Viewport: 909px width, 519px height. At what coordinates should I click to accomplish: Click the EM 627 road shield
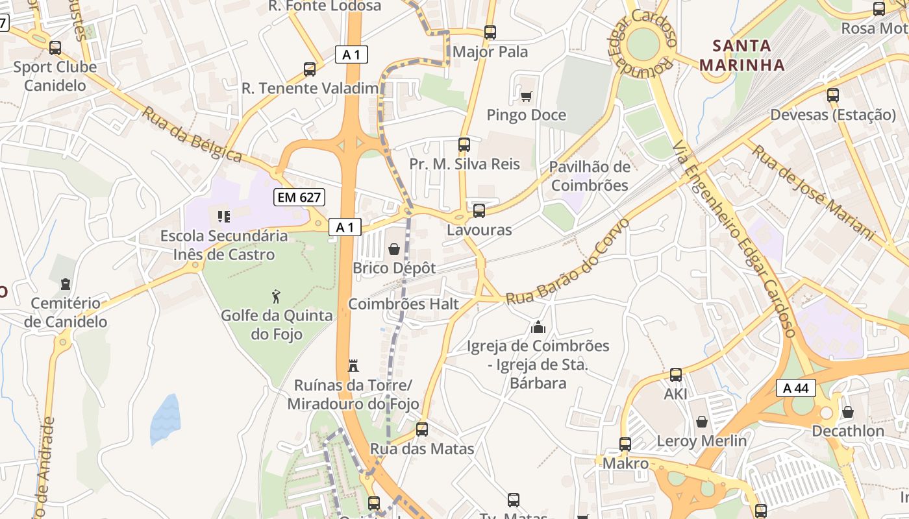(299, 197)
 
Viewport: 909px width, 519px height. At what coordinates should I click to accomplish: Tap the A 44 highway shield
(795, 388)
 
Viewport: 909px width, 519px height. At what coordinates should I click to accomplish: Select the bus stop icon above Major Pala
(490, 32)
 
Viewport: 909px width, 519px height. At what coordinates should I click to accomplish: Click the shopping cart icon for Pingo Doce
(526, 96)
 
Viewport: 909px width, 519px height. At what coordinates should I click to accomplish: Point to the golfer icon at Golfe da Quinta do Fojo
(277, 296)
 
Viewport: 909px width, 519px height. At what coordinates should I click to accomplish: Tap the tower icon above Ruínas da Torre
(354, 366)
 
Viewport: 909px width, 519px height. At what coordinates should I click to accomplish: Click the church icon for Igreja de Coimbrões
(538, 327)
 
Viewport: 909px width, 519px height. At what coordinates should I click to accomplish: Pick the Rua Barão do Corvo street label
(567, 263)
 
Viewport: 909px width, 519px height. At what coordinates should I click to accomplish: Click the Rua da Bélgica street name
(192, 135)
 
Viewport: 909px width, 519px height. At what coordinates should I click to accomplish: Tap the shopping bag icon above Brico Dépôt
(393, 248)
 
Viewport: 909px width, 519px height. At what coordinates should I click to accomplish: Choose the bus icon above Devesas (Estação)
(833, 95)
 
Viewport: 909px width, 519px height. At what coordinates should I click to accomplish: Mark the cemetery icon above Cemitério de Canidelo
(65, 284)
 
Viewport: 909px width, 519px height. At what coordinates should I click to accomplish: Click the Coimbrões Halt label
(403, 304)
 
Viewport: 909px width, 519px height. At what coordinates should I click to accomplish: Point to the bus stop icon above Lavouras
(479, 210)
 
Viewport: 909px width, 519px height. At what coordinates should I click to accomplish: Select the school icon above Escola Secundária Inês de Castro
(223, 216)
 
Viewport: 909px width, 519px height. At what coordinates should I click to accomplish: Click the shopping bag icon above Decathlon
(847, 412)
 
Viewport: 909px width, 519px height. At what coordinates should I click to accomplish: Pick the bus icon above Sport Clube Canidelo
(55, 47)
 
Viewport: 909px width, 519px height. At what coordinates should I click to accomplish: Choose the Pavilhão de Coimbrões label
(589, 176)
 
